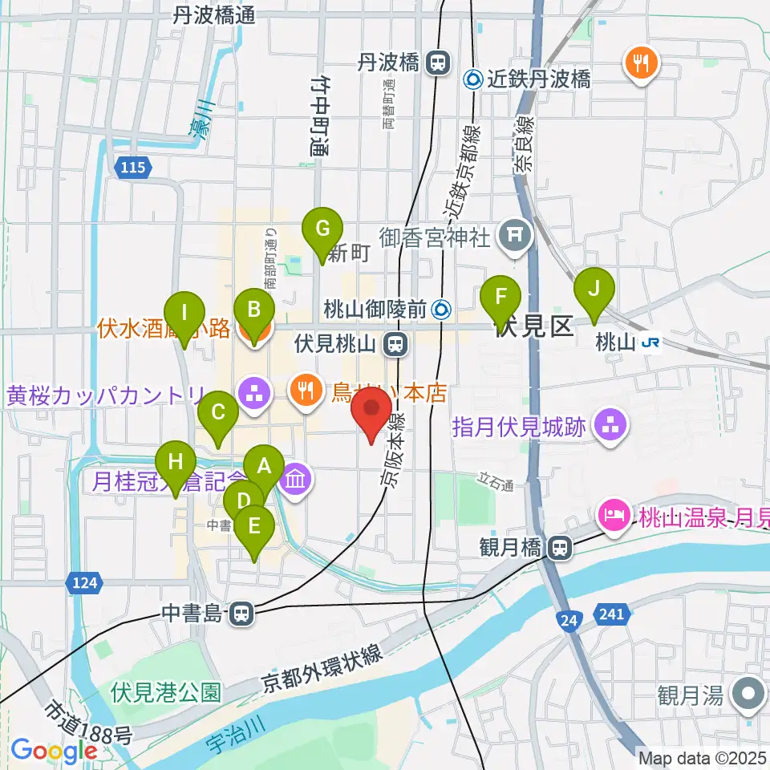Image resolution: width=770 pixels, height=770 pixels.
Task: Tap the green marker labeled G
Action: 322,229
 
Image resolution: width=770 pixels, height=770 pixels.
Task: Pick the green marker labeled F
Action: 501,297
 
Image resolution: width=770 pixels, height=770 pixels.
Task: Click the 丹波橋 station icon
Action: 438,61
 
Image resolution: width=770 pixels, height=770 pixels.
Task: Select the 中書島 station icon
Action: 240,615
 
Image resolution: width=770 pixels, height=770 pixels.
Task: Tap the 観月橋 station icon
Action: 561,548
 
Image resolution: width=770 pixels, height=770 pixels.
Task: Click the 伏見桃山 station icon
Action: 394,345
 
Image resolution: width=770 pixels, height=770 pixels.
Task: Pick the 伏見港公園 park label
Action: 166,691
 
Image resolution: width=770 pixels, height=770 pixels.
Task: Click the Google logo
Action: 54,751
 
